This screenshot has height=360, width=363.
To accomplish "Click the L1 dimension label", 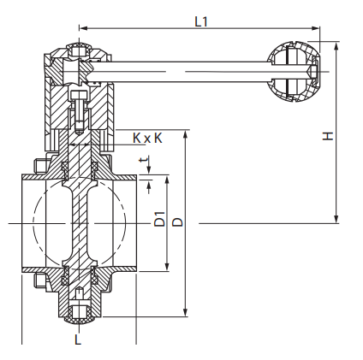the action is (201, 21).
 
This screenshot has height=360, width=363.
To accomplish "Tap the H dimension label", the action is (328, 136).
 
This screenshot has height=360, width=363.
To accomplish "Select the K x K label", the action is (147, 139).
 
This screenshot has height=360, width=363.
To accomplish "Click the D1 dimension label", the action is (159, 219).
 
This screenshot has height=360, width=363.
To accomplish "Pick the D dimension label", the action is (177, 222).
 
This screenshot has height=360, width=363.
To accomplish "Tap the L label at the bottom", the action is (78, 339).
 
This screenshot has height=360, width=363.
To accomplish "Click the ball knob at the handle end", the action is (293, 71).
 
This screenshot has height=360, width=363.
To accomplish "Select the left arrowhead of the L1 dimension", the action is (83, 28).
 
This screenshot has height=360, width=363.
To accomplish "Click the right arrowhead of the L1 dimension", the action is (315, 28).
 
